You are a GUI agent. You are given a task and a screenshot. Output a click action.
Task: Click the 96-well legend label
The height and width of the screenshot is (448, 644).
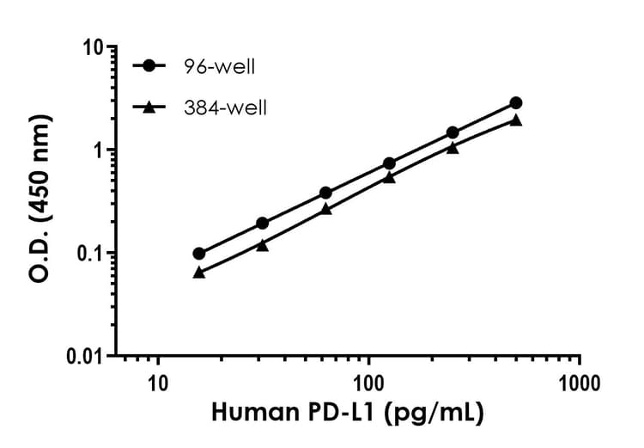coord(219,65)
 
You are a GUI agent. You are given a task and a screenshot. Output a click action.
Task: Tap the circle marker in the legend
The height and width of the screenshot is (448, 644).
coord(149,65)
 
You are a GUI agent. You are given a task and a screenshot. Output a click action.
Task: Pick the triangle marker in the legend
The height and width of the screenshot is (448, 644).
coord(149,107)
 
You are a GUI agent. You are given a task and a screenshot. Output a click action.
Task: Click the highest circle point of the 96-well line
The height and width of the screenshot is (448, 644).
coord(515,103)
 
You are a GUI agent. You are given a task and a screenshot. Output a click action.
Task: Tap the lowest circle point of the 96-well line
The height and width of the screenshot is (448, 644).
coord(199,254)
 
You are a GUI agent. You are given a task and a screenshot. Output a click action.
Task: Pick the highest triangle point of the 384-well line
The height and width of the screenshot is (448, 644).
coord(515,120)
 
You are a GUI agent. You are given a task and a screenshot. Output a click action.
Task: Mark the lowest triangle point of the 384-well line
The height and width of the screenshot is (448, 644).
coord(199,272)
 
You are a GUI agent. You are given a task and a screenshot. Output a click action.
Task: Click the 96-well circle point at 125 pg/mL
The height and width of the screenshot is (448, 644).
coord(389,163)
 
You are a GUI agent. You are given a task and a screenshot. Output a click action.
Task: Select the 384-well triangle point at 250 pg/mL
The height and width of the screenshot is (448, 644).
coord(453,147)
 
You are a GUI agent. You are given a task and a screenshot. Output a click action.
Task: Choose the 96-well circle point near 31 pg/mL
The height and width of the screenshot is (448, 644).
coord(262,224)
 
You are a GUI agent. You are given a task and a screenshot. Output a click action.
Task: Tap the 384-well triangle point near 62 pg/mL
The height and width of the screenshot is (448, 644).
coord(325,208)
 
